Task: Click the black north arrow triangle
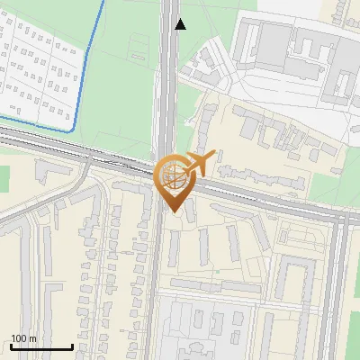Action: coord(181,24)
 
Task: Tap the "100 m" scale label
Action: coord(24,338)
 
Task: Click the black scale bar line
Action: coord(41,346)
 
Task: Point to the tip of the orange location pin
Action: coord(172,211)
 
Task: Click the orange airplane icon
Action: coord(198,164)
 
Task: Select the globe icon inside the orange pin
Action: coord(172,175)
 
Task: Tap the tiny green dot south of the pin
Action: coord(217,271)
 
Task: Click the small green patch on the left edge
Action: coord(4,177)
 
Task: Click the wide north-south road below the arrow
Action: coord(168,81)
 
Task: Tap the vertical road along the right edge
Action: coord(338,288)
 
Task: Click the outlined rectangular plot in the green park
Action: coord(140,43)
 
